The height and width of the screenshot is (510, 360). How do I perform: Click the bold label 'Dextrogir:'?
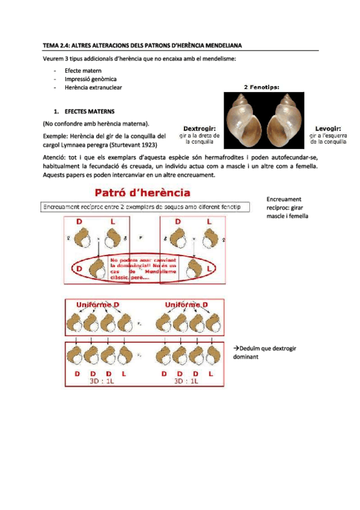pos(201,128)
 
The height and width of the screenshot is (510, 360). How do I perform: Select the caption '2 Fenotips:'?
pos(265,86)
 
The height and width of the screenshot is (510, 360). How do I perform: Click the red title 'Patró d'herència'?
pos(142,193)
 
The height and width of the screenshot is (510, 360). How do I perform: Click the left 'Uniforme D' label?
pos(98,305)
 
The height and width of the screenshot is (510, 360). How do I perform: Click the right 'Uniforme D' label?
pos(186,305)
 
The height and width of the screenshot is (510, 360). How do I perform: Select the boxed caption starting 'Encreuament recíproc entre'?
pos(141,207)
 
